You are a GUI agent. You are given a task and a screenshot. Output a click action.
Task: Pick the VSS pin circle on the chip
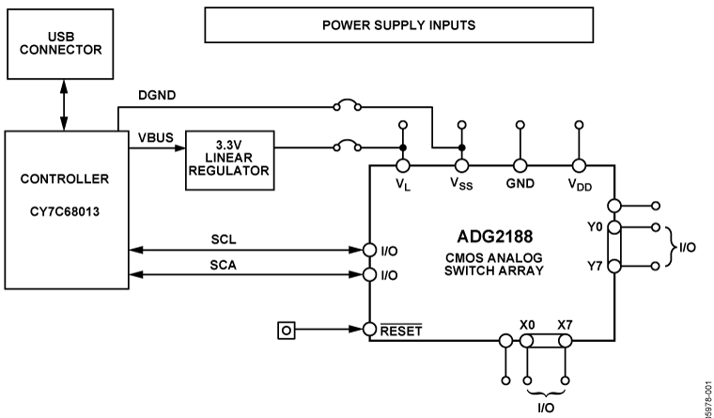click(461, 165)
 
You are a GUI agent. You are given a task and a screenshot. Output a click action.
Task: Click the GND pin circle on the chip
click(520, 165)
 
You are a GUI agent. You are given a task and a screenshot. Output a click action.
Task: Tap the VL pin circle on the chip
click(403, 165)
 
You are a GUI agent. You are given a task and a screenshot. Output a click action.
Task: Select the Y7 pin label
click(593, 267)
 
